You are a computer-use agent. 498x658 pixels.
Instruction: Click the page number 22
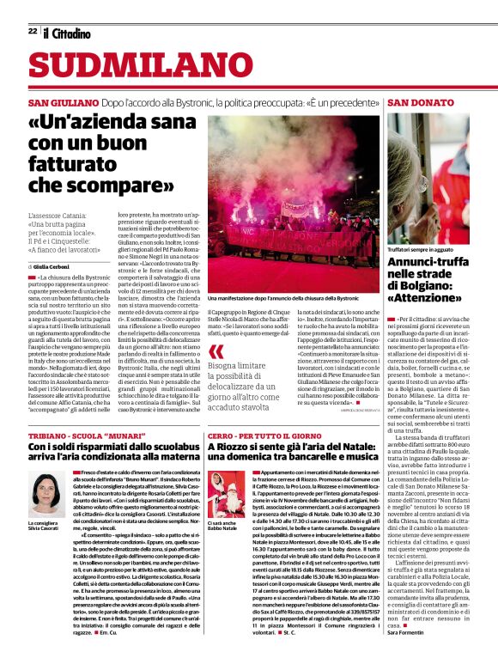tap(32, 31)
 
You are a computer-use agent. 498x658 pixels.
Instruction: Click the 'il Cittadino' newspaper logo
tap(67, 33)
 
